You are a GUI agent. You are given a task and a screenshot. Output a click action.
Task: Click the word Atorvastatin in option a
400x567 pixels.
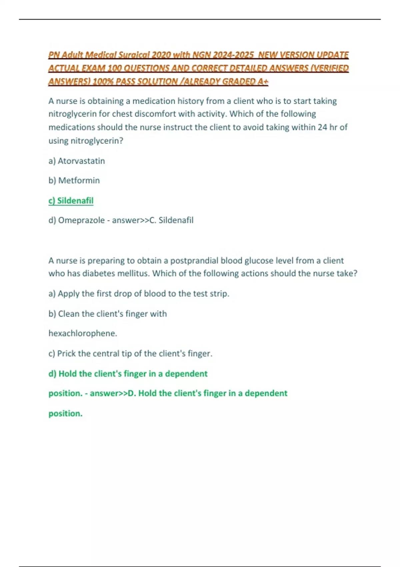pos(81,161)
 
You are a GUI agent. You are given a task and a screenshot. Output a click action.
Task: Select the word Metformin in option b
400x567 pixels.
pos(79,180)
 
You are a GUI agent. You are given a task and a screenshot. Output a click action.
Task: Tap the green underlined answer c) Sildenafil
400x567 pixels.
pos(71,201)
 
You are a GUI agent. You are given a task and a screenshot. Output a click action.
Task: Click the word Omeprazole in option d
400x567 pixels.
pos(81,220)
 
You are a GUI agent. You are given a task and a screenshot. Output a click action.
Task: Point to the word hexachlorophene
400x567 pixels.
pos(83,333)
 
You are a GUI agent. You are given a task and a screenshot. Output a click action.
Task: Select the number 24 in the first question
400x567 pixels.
pos(322,127)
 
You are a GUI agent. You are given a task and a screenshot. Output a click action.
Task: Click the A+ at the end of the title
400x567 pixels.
pos(263,81)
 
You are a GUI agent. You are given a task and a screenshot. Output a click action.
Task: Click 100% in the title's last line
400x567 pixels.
pos(103,81)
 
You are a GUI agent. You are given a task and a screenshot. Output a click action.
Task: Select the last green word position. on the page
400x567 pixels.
pos(65,414)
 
